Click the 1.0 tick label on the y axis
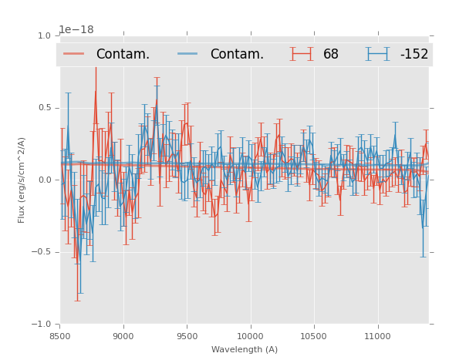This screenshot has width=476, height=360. (x=45, y=35)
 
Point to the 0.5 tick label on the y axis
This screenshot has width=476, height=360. (x=45, y=108)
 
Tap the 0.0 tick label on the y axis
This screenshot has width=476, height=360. (x=45, y=180)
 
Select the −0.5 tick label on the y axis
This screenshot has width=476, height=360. (x=42, y=252)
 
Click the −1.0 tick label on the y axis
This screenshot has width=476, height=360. (x=42, y=325)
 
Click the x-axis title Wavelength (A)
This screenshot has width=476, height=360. (x=245, y=349)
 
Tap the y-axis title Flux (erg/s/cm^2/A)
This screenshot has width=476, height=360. (x=22, y=180)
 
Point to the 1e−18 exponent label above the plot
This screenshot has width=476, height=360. (x=76, y=29)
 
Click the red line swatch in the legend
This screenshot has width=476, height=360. (x=75, y=54)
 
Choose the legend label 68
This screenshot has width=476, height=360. (x=331, y=54)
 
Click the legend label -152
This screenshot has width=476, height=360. (x=414, y=54)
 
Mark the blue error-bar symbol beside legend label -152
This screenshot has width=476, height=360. (x=378, y=54)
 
